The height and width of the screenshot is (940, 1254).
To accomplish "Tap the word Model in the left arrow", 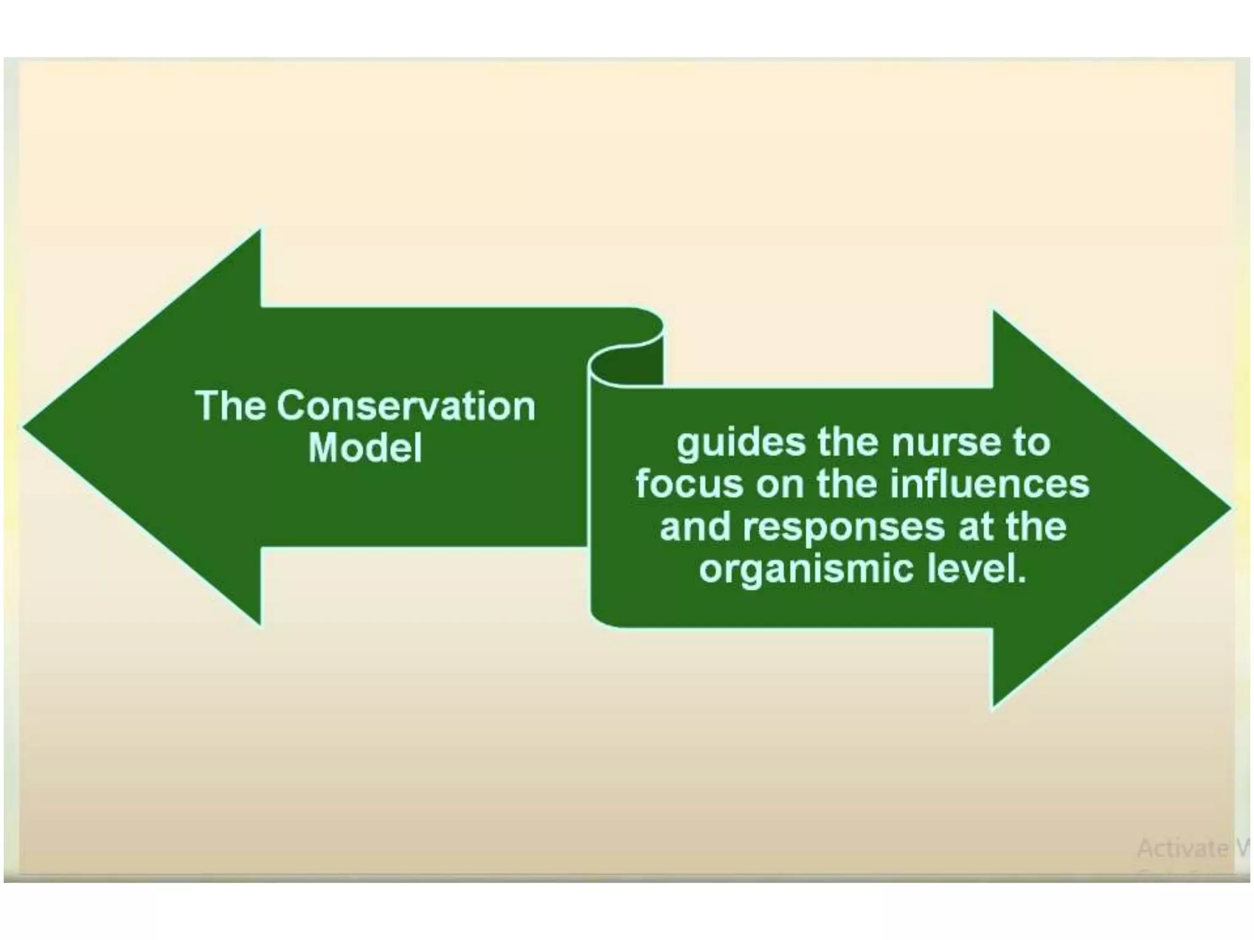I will pos(365,448).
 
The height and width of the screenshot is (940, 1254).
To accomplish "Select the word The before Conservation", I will pos(230,406).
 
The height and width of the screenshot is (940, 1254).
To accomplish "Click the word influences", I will pos(989,484).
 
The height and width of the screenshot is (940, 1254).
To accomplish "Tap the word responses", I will pos(843,527).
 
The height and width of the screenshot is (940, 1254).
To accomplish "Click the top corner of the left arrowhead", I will pos(260,231).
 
